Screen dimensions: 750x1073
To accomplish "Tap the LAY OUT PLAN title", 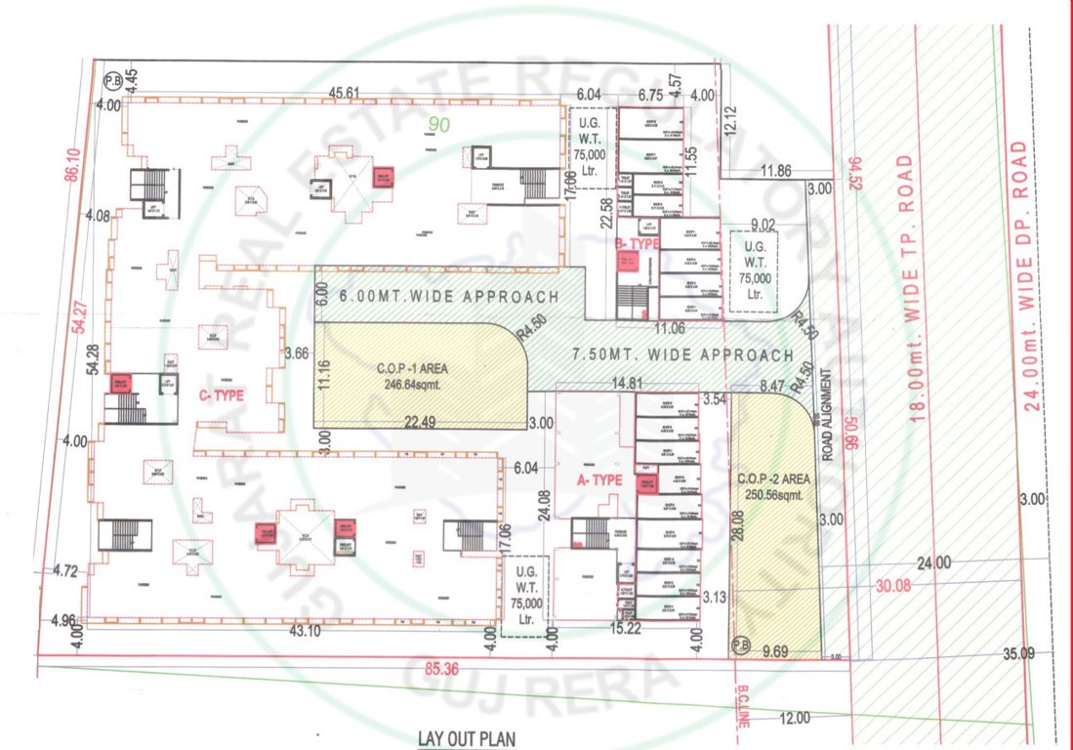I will click(466, 739).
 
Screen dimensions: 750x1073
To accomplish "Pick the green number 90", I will click(440, 124).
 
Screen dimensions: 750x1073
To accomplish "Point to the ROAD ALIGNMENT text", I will click(826, 409).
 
